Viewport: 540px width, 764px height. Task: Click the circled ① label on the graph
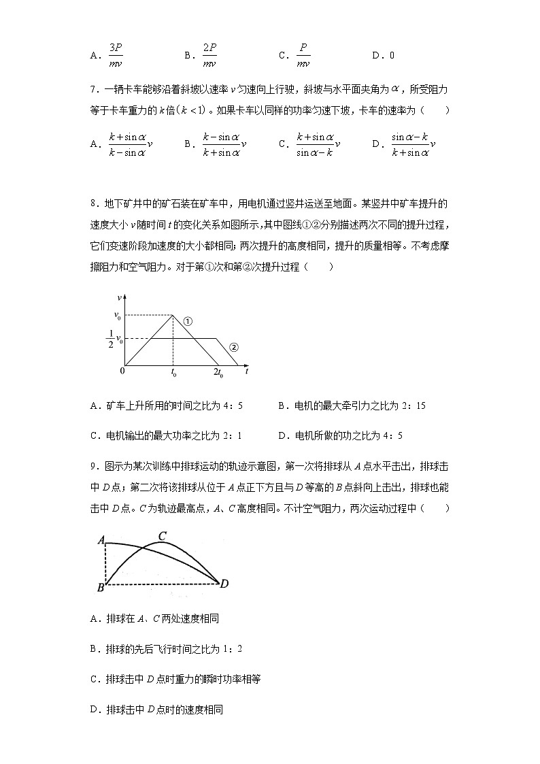[x=188, y=321]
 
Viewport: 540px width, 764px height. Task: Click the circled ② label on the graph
[x=233, y=347]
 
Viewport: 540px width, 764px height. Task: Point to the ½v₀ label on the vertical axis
[x=115, y=338]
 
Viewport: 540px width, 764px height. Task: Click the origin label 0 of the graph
[x=122, y=371]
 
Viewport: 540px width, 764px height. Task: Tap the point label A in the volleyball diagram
[x=101, y=540]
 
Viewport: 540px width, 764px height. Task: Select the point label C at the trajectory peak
[x=163, y=536]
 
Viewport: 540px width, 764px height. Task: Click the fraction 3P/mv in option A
[x=116, y=55]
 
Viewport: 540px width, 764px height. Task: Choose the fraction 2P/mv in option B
[x=209, y=55]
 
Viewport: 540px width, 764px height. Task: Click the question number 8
[x=92, y=203]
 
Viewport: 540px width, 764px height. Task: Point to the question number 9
[x=92, y=466]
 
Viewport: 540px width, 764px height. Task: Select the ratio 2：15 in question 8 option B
[x=414, y=406]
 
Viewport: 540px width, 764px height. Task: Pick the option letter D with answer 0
[x=376, y=56]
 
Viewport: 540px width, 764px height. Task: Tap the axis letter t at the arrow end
[x=246, y=371]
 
